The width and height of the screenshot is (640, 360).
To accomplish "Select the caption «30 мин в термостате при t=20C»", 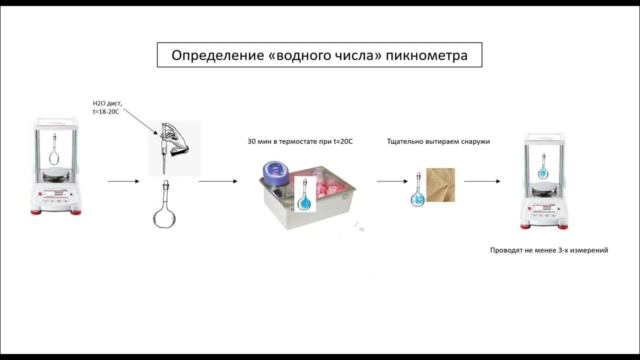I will point(300,141).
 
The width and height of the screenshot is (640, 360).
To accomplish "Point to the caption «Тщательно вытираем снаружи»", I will point(438,141).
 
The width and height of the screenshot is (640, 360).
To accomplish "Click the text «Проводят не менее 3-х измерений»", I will point(549,250).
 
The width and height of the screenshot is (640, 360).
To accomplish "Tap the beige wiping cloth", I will point(440,185).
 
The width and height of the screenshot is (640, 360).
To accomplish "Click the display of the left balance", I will point(58,193).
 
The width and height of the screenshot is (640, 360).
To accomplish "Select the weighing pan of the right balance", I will point(544,188).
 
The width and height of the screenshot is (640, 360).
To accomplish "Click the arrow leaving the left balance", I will point(123,181).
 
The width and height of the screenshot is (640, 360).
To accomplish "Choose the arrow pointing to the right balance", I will point(482,181).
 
